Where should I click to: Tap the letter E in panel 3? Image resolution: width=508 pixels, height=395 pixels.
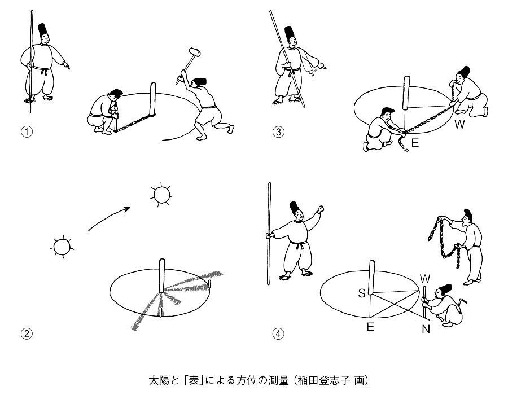(415, 143)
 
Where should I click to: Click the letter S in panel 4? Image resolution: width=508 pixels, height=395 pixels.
(362, 294)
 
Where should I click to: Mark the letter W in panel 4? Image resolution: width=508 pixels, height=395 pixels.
(426, 278)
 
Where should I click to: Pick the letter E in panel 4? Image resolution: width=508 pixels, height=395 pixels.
(370, 327)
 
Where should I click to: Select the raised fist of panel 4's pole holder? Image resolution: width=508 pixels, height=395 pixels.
(322, 210)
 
